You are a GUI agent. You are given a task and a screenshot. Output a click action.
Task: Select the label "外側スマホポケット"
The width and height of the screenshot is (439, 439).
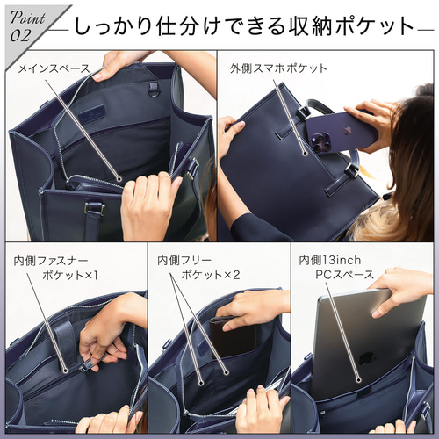[278, 68]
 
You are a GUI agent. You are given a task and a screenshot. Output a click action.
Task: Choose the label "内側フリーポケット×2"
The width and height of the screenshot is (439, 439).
[198, 268]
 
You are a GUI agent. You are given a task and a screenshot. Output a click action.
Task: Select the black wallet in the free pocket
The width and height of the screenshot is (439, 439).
[234, 338]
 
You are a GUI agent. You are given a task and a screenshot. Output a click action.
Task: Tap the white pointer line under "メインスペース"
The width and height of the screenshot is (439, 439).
[83, 123]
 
